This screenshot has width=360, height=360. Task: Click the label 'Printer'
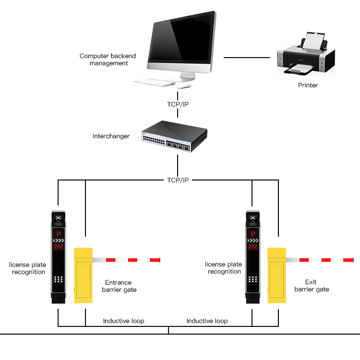pyautogui.click(x=308, y=85)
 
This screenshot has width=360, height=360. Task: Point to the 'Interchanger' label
pyautogui.click(x=111, y=136)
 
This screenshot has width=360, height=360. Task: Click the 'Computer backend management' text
pyautogui.click(x=108, y=60)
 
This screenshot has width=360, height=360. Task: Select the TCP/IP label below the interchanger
pyautogui.click(x=179, y=180)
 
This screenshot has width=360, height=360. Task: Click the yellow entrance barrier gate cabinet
pyautogui.click(x=83, y=276)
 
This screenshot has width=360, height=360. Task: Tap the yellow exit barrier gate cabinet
pyautogui.click(x=276, y=276)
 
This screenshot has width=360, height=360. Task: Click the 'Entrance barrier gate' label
pyautogui.click(x=120, y=286)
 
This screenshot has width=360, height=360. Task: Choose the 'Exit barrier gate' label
pyautogui.click(x=312, y=286)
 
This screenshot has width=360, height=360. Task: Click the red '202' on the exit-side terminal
pyautogui.click(x=252, y=247)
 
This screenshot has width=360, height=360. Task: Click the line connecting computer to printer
pyautogui.click(x=247, y=58)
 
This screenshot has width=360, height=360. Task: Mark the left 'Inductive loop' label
pyautogui.click(x=123, y=321)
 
